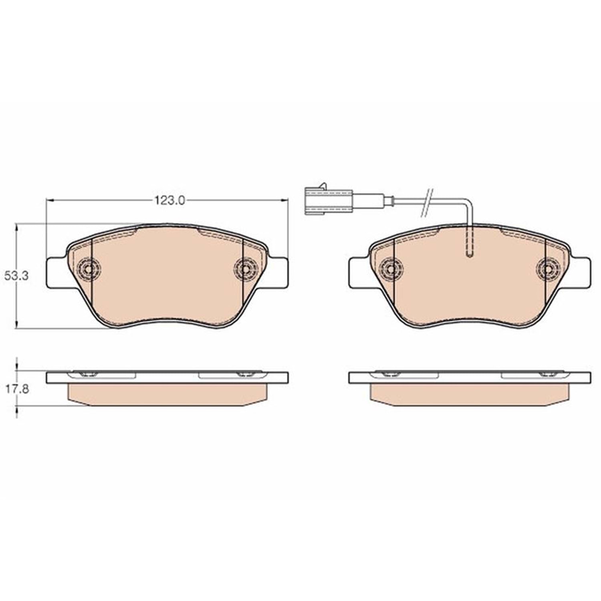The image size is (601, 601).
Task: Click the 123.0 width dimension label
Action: coord(170,200)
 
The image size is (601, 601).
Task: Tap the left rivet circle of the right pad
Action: coord(392,267)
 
